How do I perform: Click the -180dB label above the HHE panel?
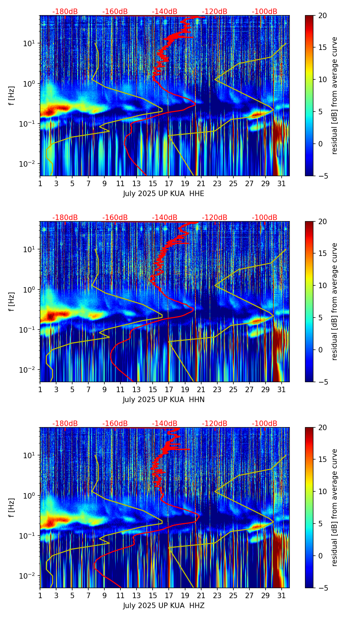[65, 12]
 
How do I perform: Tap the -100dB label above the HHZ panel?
[265, 424]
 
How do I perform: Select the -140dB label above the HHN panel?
[165, 218]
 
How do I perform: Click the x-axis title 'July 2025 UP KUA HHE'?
[164, 194]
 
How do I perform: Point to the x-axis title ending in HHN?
[164, 400]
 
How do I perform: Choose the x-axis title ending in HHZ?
[164, 606]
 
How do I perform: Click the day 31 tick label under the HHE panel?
[282, 184]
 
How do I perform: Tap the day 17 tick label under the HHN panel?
[169, 390]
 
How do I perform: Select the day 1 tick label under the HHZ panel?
[40, 596]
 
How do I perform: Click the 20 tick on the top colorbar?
[322, 16]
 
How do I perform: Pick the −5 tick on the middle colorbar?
[322, 382]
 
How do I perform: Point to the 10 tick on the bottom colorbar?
[322, 491]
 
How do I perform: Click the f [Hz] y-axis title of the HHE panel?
[12, 96]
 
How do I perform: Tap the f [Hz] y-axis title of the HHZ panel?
[12, 508]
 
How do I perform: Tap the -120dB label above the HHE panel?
[215, 12]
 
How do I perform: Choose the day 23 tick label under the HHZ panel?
[217, 596]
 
